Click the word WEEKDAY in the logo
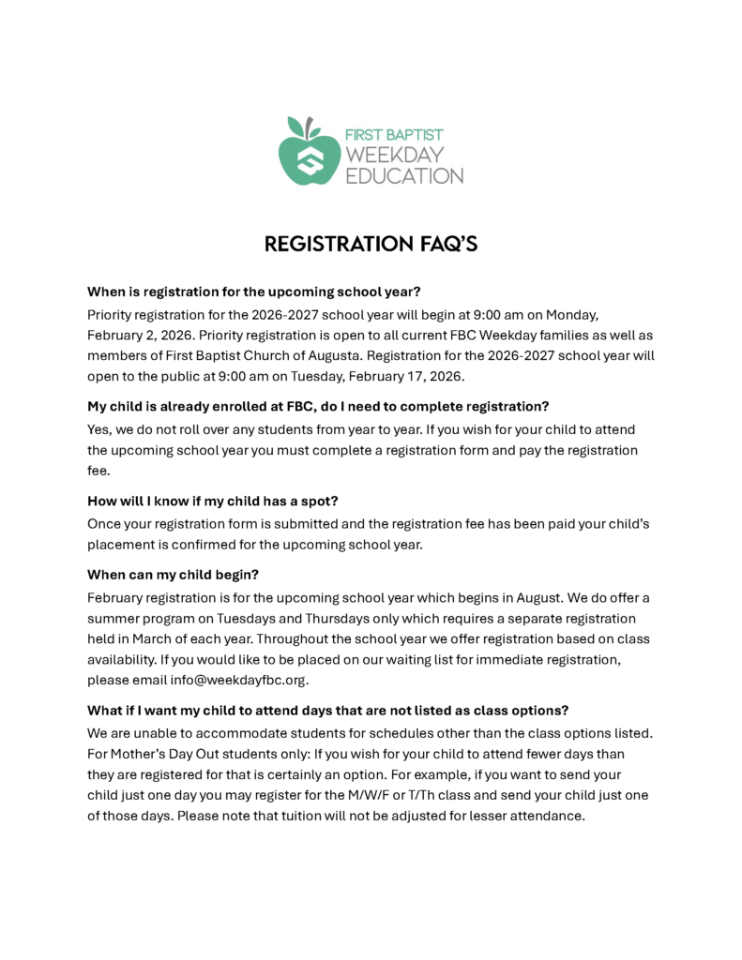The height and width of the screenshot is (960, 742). (x=395, y=155)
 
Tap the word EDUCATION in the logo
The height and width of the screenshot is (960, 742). (x=404, y=175)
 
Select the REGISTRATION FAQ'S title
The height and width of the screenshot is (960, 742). (x=371, y=244)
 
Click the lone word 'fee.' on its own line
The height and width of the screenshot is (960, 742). (x=98, y=472)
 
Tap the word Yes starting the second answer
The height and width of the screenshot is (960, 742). (x=99, y=428)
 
